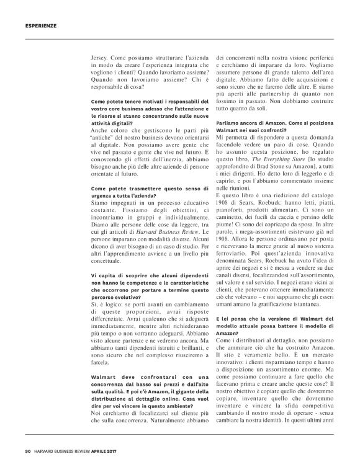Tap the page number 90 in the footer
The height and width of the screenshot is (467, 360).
[29, 451]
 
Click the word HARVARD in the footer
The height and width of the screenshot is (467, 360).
[49, 451]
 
